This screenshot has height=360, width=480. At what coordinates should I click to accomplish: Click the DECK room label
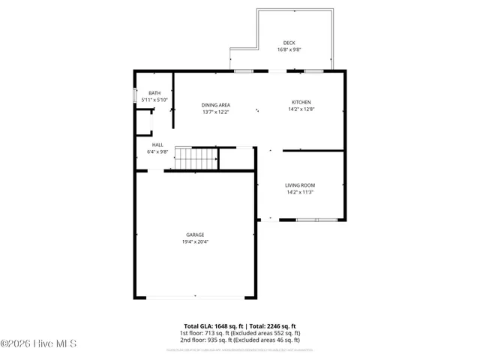289,43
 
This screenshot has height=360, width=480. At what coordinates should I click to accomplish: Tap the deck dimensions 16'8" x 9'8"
289,50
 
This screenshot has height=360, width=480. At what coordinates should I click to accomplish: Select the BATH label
154,93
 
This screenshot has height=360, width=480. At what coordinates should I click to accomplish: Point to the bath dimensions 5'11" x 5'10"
154,100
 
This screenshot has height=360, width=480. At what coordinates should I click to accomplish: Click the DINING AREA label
215,105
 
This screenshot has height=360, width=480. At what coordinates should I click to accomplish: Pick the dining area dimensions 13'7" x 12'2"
215,112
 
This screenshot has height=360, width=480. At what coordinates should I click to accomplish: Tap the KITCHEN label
301,102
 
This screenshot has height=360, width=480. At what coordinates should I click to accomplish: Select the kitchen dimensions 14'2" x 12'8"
301,109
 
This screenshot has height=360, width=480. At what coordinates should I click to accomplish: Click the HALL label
157,145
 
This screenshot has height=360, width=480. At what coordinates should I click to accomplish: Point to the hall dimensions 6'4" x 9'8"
157,151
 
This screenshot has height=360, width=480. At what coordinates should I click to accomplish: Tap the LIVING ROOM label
299,185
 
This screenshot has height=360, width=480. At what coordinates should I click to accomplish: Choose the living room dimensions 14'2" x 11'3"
299,192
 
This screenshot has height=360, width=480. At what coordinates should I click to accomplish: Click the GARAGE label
195,235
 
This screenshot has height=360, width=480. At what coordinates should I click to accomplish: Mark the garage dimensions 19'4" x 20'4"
195,241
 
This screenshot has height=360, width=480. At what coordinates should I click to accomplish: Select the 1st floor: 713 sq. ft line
239,333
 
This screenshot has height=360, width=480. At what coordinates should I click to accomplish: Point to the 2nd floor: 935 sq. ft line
239,340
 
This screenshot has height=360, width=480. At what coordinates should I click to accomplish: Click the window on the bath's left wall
135,96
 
